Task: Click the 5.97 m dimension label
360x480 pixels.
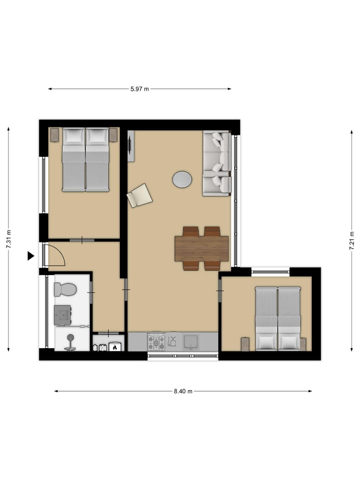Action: pos(139,89)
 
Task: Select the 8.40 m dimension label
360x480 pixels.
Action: pos(183,391)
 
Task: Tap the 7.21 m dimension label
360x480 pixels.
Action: pos(352,239)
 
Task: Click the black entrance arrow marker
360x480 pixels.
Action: pos(30,256)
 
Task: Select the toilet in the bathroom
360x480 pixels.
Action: pos(65,289)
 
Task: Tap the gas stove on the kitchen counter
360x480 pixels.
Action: pos(156,342)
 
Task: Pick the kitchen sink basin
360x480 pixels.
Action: pos(192,341)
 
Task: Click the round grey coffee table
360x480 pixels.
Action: pos(182,179)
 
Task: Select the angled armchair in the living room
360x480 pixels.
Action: pos(139,195)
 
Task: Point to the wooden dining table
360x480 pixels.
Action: pos(201,248)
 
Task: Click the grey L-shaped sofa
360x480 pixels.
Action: pos(217,163)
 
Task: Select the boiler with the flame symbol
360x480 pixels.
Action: pos(115,346)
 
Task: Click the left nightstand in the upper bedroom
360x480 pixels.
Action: pos(54,135)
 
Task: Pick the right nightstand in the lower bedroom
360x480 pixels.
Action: pos(302,344)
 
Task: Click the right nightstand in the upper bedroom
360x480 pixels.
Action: pos(113,135)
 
